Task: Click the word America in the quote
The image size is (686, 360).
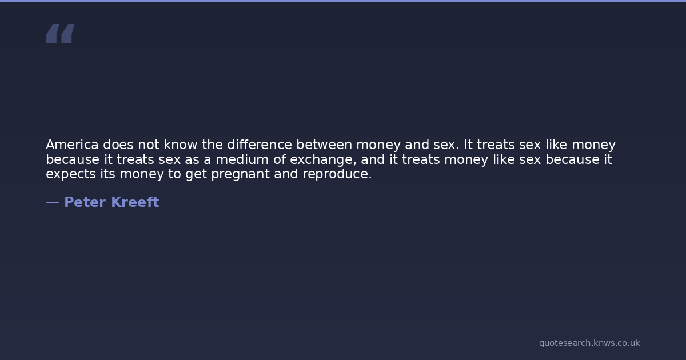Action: click(72, 145)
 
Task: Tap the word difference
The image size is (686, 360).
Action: click(260, 145)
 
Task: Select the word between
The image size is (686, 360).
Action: click(324, 145)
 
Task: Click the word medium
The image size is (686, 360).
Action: click(242, 159)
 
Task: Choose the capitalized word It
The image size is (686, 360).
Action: click(468, 145)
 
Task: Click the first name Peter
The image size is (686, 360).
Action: click(85, 202)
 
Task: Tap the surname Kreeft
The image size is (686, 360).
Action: click(135, 202)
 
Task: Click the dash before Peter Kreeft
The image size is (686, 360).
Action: click(53, 203)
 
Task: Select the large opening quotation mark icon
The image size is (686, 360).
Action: click(61, 33)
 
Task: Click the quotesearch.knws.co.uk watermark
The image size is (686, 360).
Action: click(589, 343)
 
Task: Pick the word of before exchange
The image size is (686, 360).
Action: click(279, 159)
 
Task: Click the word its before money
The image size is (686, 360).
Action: click(108, 174)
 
